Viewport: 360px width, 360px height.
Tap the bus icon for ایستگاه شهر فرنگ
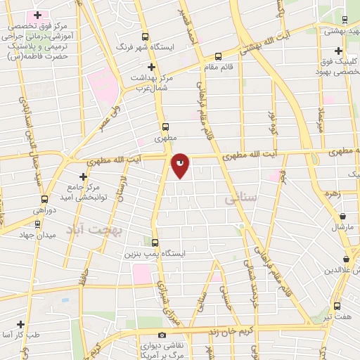tap(146, 37)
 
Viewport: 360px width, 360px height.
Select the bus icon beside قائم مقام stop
tap(218, 57)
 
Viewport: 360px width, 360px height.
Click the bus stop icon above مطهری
tap(165, 127)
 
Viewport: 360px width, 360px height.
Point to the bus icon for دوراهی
tap(44, 198)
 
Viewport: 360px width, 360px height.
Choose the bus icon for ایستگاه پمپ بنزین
tap(155, 241)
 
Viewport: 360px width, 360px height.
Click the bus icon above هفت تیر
tap(337, 306)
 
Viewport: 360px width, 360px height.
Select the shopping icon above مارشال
tap(342, 217)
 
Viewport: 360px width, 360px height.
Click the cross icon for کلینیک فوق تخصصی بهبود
tap(339, 51)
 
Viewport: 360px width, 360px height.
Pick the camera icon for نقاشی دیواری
tap(162, 335)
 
